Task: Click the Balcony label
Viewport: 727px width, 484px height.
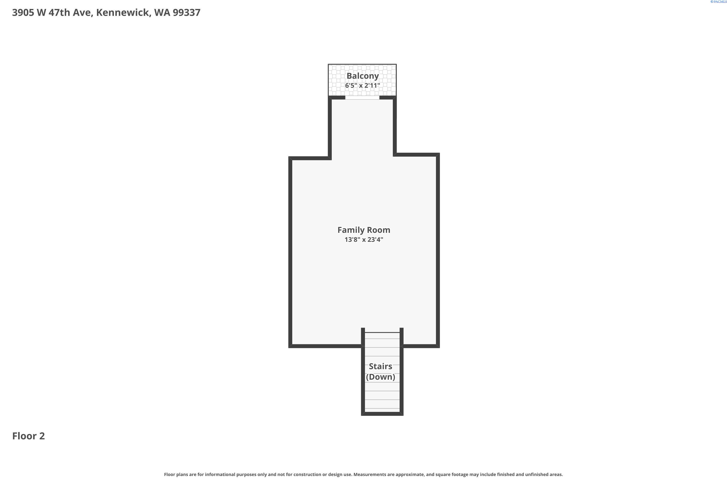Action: pyautogui.click(x=363, y=76)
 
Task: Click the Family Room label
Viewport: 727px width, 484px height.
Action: pyautogui.click(x=364, y=230)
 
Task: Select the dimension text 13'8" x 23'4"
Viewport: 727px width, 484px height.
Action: pyautogui.click(x=364, y=240)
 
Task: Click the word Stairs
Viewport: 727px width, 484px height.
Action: pyautogui.click(x=380, y=366)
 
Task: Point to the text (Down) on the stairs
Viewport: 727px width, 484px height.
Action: pyautogui.click(x=380, y=377)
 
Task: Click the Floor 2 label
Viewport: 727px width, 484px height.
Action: pyautogui.click(x=28, y=436)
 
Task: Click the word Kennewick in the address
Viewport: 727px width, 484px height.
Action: pyautogui.click(x=124, y=13)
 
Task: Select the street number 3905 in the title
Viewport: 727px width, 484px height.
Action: pyautogui.click(x=23, y=13)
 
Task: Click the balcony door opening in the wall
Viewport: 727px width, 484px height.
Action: pyautogui.click(x=362, y=98)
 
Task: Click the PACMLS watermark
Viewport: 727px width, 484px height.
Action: pyautogui.click(x=718, y=2)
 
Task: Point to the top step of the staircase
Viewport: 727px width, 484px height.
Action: pyautogui.click(x=382, y=335)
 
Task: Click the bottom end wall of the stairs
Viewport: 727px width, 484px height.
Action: pyautogui.click(x=382, y=414)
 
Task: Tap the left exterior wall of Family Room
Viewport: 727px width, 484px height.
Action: pyautogui.click(x=290, y=252)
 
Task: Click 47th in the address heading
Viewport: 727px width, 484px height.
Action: pyautogui.click(x=59, y=13)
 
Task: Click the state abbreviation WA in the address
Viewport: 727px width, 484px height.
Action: pyautogui.click(x=162, y=13)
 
